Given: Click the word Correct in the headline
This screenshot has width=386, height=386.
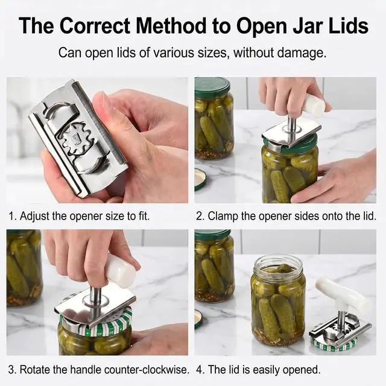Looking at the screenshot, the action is (x=95, y=25).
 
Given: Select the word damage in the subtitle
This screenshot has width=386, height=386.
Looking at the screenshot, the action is (x=302, y=53).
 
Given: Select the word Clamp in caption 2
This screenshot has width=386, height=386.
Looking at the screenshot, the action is (x=223, y=216).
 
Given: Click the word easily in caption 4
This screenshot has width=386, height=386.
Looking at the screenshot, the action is (x=267, y=370).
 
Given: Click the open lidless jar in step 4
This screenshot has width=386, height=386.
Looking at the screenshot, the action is (x=279, y=300).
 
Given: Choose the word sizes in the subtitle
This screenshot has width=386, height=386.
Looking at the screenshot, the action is (x=210, y=53).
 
